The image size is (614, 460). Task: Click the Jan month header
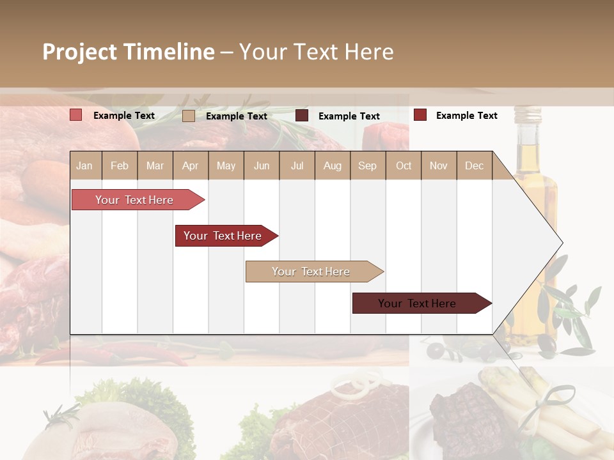pos(84,165)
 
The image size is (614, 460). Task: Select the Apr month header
pos(190,165)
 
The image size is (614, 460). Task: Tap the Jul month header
pos(297,165)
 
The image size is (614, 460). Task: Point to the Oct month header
pos(404,165)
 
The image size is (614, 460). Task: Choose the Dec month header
pos(474,165)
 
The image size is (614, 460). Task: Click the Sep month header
pos(367,165)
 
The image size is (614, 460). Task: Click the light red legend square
pos(76,115)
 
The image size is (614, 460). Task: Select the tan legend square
pos(189,116)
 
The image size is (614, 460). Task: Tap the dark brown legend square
pos(302,116)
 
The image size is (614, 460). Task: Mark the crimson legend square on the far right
pos(420,115)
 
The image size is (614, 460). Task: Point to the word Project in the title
pos(80,52)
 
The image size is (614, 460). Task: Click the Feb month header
pos(120,165)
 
